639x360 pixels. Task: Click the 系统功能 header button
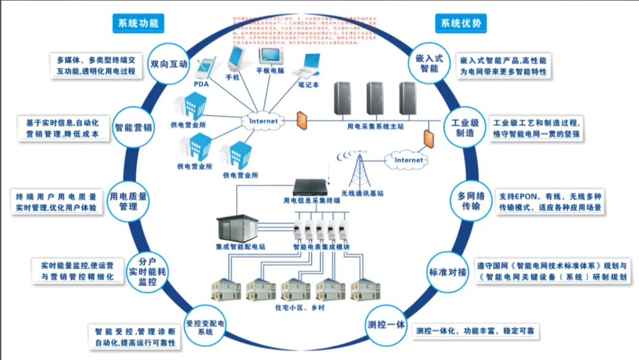(x=137, y=23)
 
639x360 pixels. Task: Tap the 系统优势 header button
(x=460, y=23)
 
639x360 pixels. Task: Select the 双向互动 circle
(x=169, y=64)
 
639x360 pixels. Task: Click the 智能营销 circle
(x=133, y=127)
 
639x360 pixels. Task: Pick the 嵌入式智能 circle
(x=429, y=63)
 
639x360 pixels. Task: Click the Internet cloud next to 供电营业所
(x=263, y=121)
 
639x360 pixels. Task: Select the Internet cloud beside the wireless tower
(x=408, y=160)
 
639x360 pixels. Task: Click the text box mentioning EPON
(x=551, y=202)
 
